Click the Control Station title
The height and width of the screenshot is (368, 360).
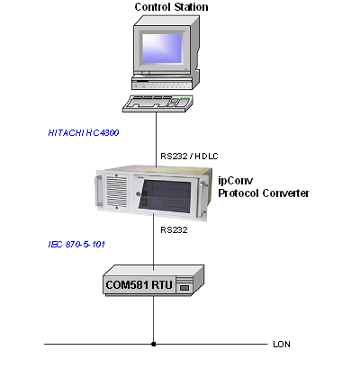pos(171,7)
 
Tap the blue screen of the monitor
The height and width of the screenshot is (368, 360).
pos(162,49)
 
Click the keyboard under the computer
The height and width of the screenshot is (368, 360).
pos(157,103)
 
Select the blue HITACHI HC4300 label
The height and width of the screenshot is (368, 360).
pos(84,133)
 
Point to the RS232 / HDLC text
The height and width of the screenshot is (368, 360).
pos(189,157)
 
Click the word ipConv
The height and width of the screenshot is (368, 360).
pos(236,181)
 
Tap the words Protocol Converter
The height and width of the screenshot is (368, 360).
pos(264,193)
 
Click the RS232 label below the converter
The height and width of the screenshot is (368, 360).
pos(174,230)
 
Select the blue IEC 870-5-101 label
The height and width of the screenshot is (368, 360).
pos(76,245)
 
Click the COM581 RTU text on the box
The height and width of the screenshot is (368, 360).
pos(139,284)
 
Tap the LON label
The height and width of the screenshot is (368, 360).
pos(282,345)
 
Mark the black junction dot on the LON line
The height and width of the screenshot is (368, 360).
pos(154,344)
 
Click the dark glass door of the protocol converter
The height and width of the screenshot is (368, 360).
pos(165,196)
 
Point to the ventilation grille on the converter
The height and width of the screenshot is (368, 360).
pos(117,192)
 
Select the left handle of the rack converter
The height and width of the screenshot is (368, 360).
pos(98,191)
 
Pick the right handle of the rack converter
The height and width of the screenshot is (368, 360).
pos(202,198)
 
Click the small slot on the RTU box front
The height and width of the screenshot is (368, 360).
pos(184,288)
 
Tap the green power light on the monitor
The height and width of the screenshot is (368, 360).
pos(186,69)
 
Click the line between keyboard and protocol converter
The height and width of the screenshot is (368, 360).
pos(156,139)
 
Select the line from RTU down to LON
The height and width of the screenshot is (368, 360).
pos(154,319)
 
